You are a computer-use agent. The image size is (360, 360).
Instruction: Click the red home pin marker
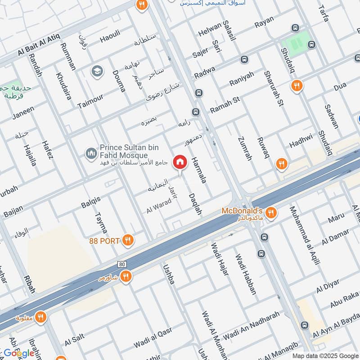(x=180, y=162)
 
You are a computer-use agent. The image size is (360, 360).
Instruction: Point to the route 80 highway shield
(x=122, y=264)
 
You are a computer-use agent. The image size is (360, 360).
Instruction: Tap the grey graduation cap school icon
(x=96, y=71)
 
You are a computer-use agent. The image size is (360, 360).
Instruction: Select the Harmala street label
(x=198, y=170)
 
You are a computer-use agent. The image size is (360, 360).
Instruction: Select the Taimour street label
(x=90, y=101)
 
